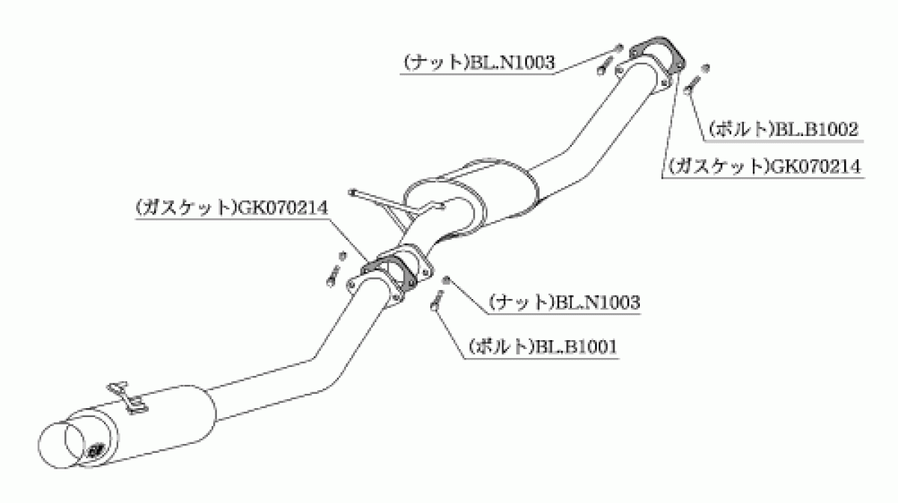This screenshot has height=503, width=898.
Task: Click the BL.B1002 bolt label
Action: tap(784, 129)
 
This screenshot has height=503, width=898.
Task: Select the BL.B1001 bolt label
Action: tap(543, 346)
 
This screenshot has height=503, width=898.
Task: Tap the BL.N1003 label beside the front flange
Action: tap(479, 63)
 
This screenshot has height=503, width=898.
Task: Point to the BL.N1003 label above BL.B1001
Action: tap(564, 303)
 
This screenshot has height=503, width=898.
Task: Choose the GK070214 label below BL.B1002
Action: tap(765, 166)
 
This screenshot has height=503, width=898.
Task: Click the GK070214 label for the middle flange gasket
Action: tap(232, 209)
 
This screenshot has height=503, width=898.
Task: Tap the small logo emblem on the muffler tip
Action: tap(97, 450)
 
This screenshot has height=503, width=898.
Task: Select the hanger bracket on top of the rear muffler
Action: tap(126, 398)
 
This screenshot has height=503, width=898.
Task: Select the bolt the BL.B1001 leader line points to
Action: tap(437, 300)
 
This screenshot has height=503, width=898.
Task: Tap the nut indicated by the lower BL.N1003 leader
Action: tap(446, 279)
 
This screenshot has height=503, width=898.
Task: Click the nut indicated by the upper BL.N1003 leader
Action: tap(620, 48)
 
